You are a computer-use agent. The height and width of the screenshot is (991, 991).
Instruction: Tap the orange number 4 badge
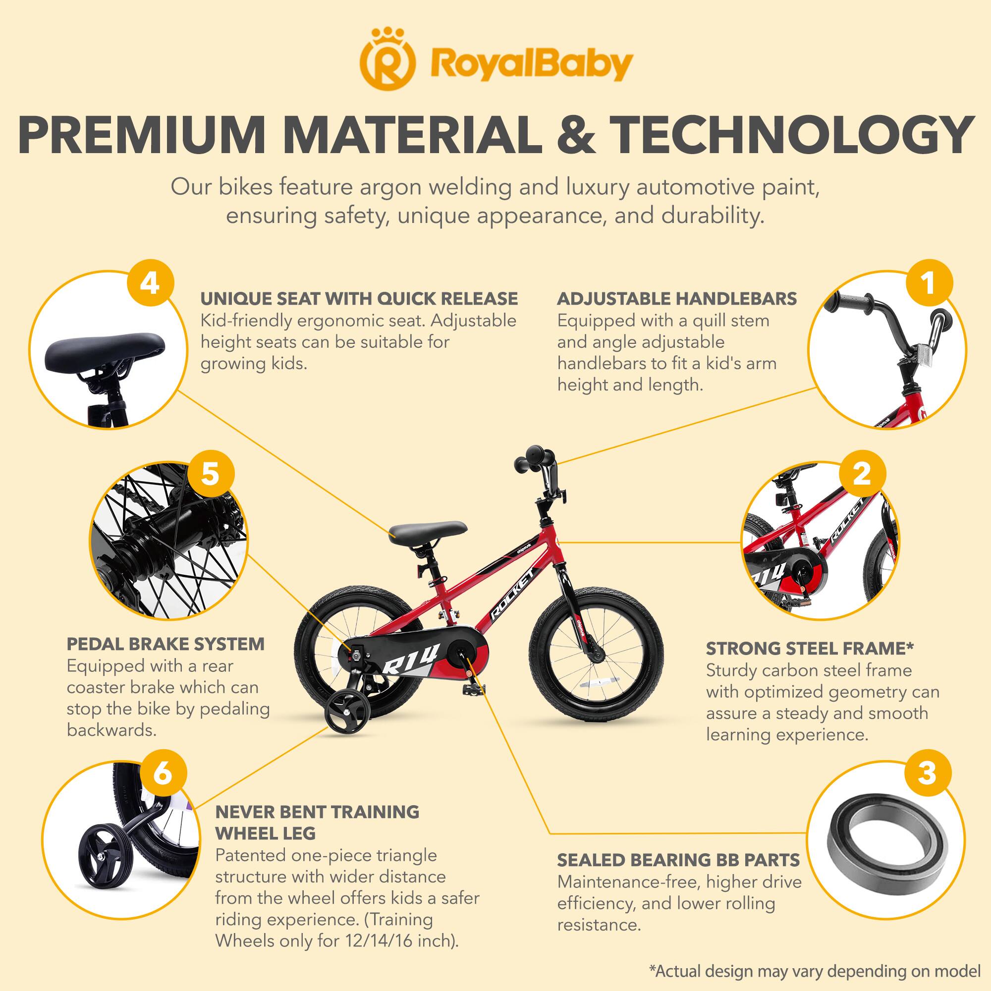149,283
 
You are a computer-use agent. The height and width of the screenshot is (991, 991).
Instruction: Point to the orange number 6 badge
162,774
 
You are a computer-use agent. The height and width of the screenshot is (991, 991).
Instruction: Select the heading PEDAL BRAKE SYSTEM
165,644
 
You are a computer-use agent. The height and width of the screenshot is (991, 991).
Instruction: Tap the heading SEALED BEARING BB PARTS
678,860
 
